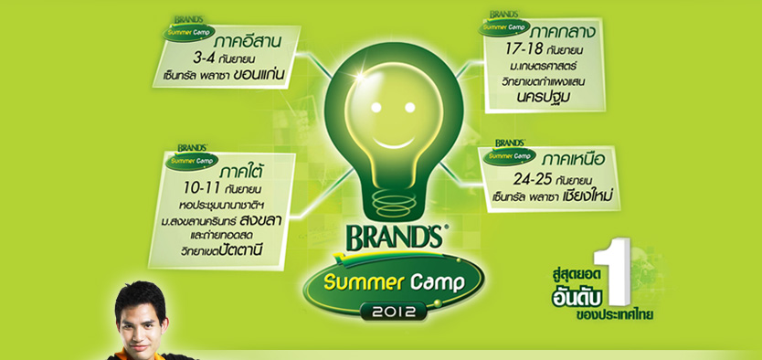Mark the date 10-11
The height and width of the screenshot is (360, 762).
pyautogui.click(x=203, y=187)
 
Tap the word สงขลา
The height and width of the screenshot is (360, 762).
pyautogui.click(x=261, y=220)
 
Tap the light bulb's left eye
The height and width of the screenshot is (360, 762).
pyautogui.click(x=376, y=106)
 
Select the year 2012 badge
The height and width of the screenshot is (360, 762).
pyautogui.click(x=394, y=311)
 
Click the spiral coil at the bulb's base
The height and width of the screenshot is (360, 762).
pyautogui.click(x=394, y=200)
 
